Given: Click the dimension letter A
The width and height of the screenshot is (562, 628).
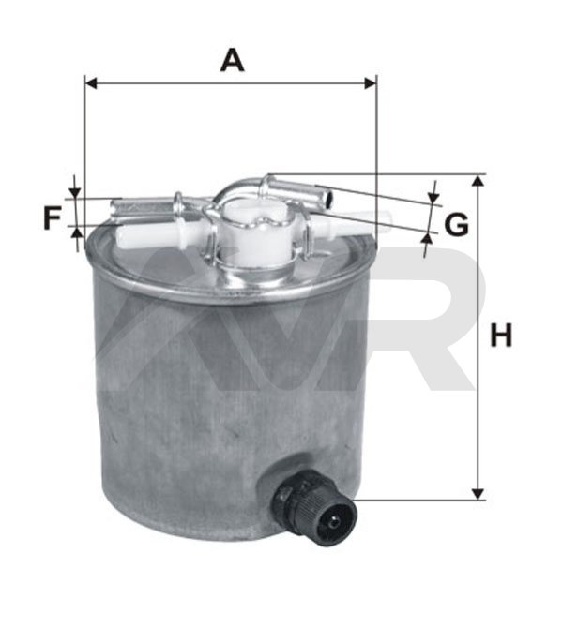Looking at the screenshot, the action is coord(232,60).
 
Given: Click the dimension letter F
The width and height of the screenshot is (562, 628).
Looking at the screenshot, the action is coord(52,217).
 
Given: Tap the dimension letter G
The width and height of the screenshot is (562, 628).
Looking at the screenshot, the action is coord(457,225).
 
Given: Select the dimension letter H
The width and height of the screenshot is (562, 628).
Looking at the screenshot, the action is coord(501,336).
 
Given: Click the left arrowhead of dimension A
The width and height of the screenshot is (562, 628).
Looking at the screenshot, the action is coord(91,83).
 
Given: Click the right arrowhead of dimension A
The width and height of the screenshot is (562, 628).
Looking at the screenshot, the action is coord(370,83).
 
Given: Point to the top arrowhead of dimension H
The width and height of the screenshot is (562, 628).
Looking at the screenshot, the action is coord(478,181).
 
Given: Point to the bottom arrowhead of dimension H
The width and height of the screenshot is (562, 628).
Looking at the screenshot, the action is coord(478,494).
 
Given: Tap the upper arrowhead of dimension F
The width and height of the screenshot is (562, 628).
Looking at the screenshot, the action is coord(75,192).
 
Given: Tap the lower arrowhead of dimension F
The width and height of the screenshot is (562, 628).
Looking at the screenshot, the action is coord(75,232).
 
